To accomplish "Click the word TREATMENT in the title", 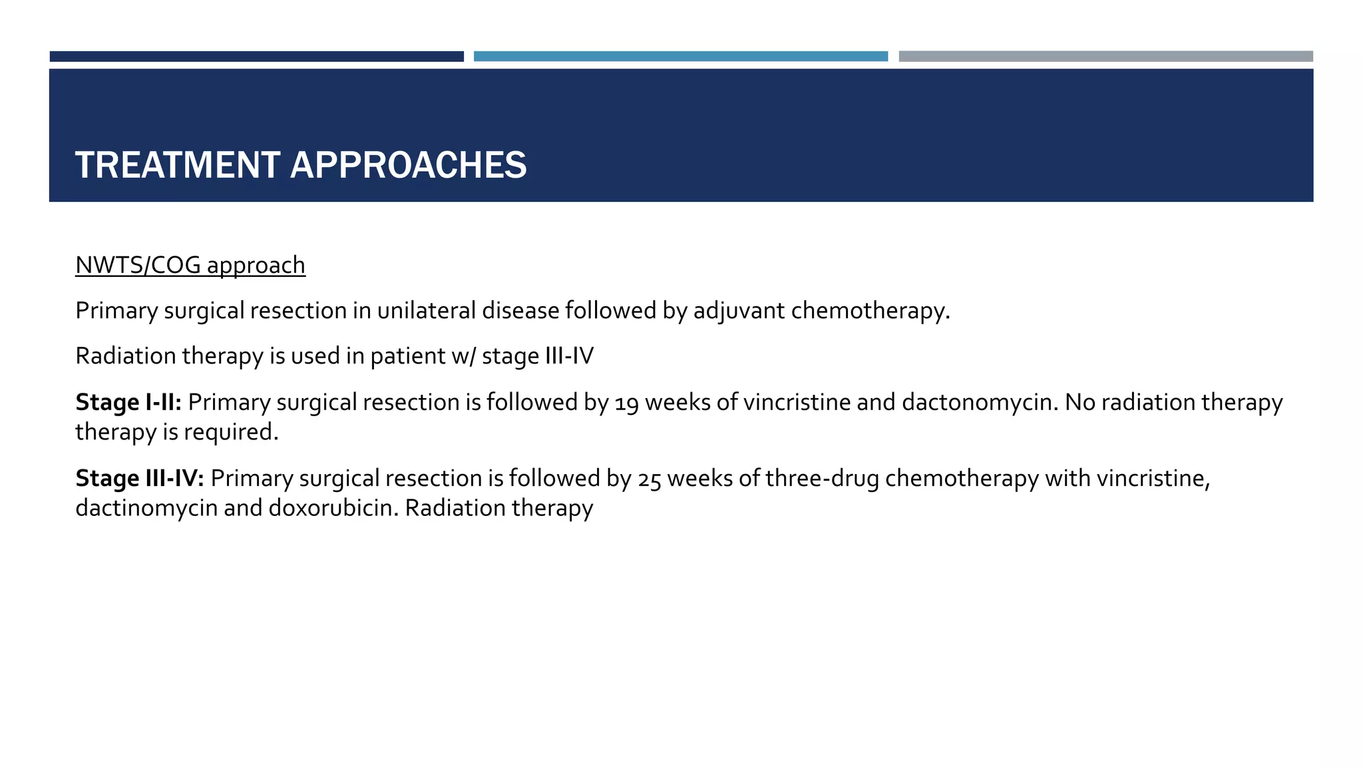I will coord(177,165).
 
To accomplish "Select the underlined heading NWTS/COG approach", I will coord(190,265).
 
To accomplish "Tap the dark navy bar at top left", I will coord(256,57).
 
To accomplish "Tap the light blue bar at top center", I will coord(680,57).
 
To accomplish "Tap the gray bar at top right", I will coord(1105,57).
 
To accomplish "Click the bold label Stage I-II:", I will coord(128,402).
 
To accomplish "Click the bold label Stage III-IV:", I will coord(140,478).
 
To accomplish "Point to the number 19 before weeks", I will coord(626,404).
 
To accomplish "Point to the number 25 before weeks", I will coord(650,480).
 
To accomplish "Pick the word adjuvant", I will coord(739,312).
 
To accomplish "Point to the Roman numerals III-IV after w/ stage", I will coord(569,356).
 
